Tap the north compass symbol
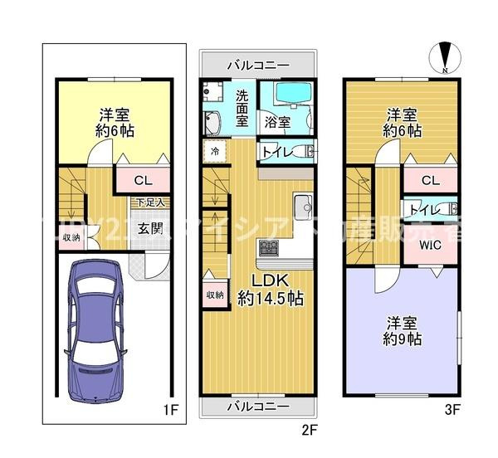(x=447, y=58)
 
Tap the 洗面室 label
(x=242, y=107)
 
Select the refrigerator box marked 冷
(x=214, y=152)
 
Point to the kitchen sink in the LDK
(x=301, y=204)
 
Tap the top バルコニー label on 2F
(x=259, y=65)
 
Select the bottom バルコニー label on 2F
(x=259, y=407)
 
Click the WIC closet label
(x=429, y=245)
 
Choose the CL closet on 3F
(x=429, y=179)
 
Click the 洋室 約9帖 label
(x=402, y=331)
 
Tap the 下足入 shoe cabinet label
(x=150, y=202)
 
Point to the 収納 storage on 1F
(x=71, y=237)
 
